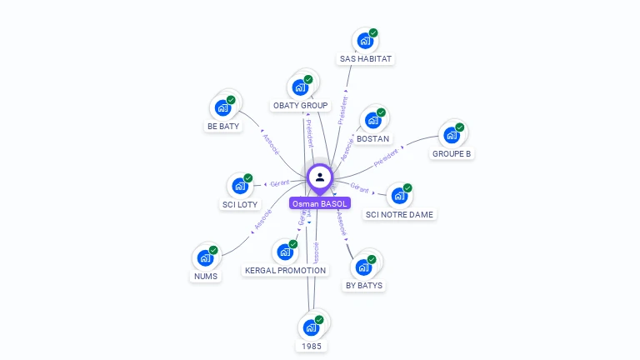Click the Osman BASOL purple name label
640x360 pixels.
tap(320, 203)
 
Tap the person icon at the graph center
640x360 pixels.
tap(320, 177)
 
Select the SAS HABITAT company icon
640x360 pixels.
tap(364, 40)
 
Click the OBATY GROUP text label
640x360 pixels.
tap(300, 106)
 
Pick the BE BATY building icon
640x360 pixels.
tap(222, 107)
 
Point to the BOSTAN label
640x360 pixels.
tap(372, 138)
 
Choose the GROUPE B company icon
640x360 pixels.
tap(451, 135)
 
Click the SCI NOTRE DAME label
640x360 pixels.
tap(400, 214)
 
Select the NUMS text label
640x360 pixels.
tap(205, 276)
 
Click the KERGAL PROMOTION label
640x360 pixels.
tap(286, 270)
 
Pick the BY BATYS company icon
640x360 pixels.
tap(363, 267)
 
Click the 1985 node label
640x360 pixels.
tap(311, 346)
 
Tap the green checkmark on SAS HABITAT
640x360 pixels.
tap(373, 32)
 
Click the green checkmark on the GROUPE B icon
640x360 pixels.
tap(460, 127)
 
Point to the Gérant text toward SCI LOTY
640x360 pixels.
tap(278, 183)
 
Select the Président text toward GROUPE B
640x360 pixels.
tap(386, 157)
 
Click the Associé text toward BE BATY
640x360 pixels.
tap(272, 143)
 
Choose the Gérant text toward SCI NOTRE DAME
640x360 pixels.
tap(360, 189)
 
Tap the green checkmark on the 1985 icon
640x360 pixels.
tap(319, 319)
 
